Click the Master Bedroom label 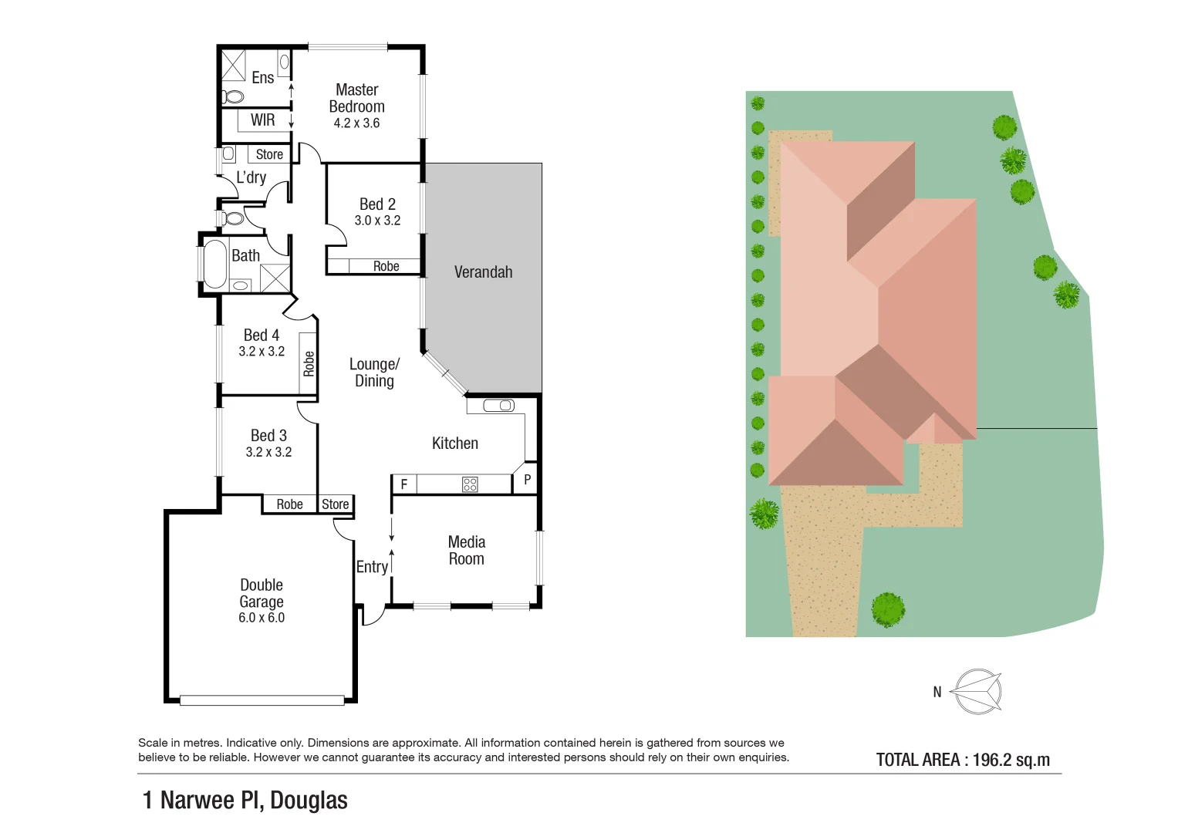[x=356, y=99]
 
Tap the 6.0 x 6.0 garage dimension [x=262, y=618]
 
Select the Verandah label [x=483, y=272]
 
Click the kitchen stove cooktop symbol [x=470, y=484]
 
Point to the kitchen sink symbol [x=498, y=406]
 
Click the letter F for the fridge [x=403, y=485]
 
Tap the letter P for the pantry [x=528, y=480]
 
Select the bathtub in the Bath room [x=214, y=265]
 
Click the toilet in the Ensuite [x=232, y=96]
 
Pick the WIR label [x=262, y=120]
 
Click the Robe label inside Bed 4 [x=309, y=364]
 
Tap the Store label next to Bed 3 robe [x=336, y=504]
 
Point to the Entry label [x=372, y=567]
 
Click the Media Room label [x=467, y=551]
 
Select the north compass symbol [x=977, y=691]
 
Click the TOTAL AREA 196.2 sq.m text [x=963, y=760]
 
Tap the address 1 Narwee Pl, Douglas [x=245, y=801]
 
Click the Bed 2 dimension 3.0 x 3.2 [x=377, y=221]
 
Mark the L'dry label [x=251, y=177]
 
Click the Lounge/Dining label [x=374, y=373]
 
